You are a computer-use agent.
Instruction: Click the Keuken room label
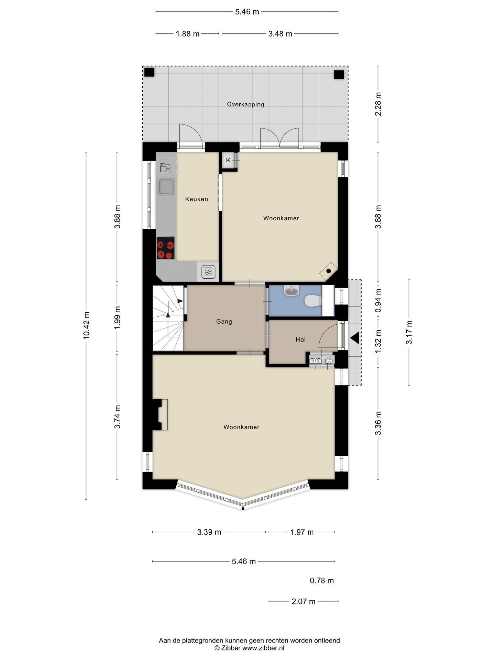(x=197, y=199)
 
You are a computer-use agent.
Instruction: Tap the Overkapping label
(x=245, y=104)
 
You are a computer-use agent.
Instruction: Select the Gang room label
(x=224, y=322)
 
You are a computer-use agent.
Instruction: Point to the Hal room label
(x=300, y=339)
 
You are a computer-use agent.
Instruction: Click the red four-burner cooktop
(x=165, y=248)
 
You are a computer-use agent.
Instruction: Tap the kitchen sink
(x=166, y=187)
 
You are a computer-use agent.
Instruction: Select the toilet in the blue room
(x=313, y=301)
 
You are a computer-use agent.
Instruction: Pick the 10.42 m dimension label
(x=86, y=325)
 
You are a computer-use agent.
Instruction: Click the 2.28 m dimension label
(x=378, y=104)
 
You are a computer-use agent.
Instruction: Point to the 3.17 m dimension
(x=409, y=332)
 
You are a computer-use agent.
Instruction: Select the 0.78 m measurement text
(x=322, y=581)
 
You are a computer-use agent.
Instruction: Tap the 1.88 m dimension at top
(x=188, y=34)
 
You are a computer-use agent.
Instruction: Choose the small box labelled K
(x=229, y=160)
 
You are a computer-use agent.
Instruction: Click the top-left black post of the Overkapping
(x=149, y=72)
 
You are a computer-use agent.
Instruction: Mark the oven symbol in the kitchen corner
(x=208, y=272)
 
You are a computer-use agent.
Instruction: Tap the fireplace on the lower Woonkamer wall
(x=160, y=415)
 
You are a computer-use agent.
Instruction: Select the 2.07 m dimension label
(x=304, y=601)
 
